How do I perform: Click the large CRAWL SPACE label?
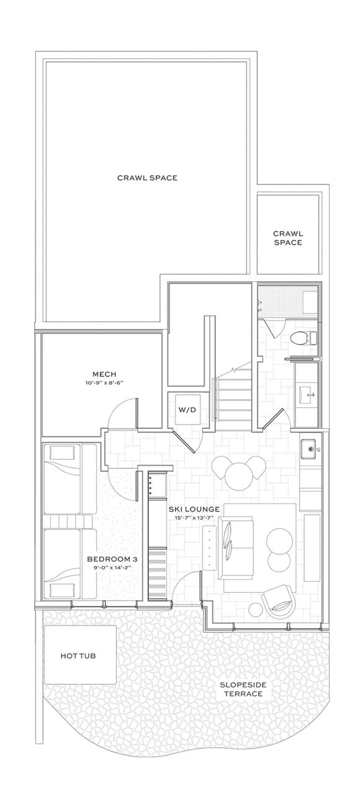147,178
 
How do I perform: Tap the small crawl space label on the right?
288,238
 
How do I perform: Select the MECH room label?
104,374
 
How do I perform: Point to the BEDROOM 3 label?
112,559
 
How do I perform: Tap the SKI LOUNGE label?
193,510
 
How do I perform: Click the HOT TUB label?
78,656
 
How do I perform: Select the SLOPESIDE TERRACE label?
243,688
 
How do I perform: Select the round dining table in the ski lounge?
238,476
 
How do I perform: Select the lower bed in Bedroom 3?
68,564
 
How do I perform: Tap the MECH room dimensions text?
104,383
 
